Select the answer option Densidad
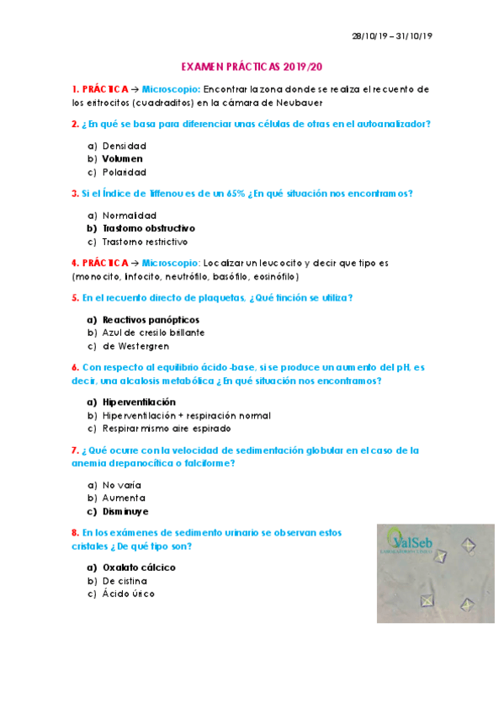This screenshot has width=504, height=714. tap(124, 146)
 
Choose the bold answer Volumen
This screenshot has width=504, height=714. tap(122, 158)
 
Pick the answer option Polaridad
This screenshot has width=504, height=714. tap(125, 172)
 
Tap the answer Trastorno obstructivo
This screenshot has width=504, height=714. tap(149, 228)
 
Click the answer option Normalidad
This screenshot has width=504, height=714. tap(130, 215)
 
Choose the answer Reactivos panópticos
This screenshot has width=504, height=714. tap(151, 319)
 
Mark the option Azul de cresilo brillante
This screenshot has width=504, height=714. tap(153, 333)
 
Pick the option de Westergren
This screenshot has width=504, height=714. tap(135, 346)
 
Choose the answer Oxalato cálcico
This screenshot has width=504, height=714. tap(139, 567)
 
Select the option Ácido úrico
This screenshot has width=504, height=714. tap(128, 594)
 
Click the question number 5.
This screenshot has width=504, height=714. tap(75, 298)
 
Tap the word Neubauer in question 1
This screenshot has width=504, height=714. tap(298, 102)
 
